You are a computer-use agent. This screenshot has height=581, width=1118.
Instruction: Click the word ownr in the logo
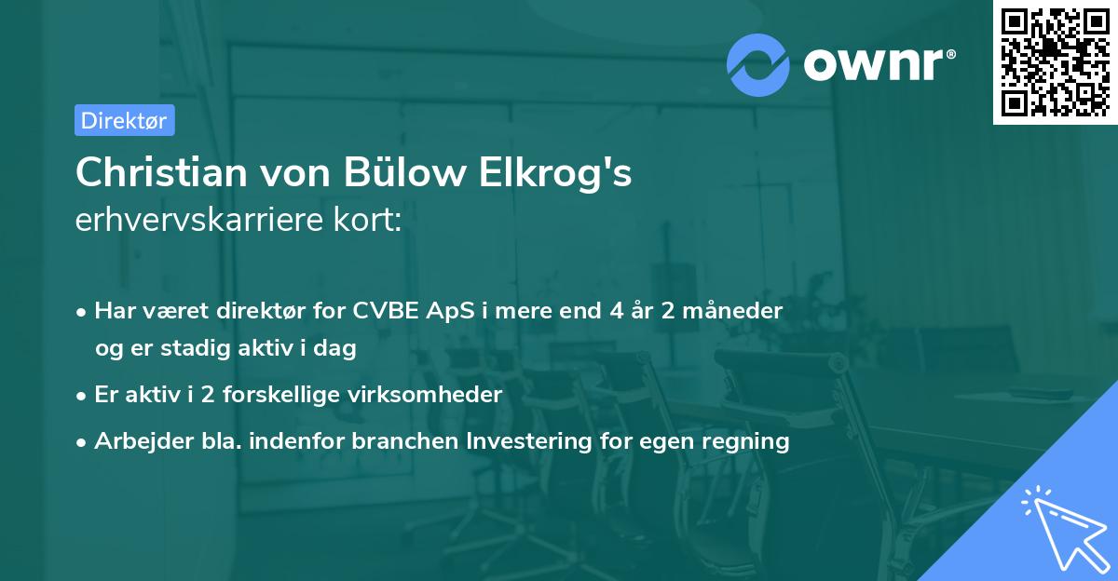pos(872,64)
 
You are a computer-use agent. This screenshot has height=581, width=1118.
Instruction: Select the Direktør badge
pos(124,120)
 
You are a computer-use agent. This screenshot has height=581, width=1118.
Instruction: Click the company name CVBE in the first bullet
pos(377,309)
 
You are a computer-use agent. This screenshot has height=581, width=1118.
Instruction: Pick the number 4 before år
pos(616,309)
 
